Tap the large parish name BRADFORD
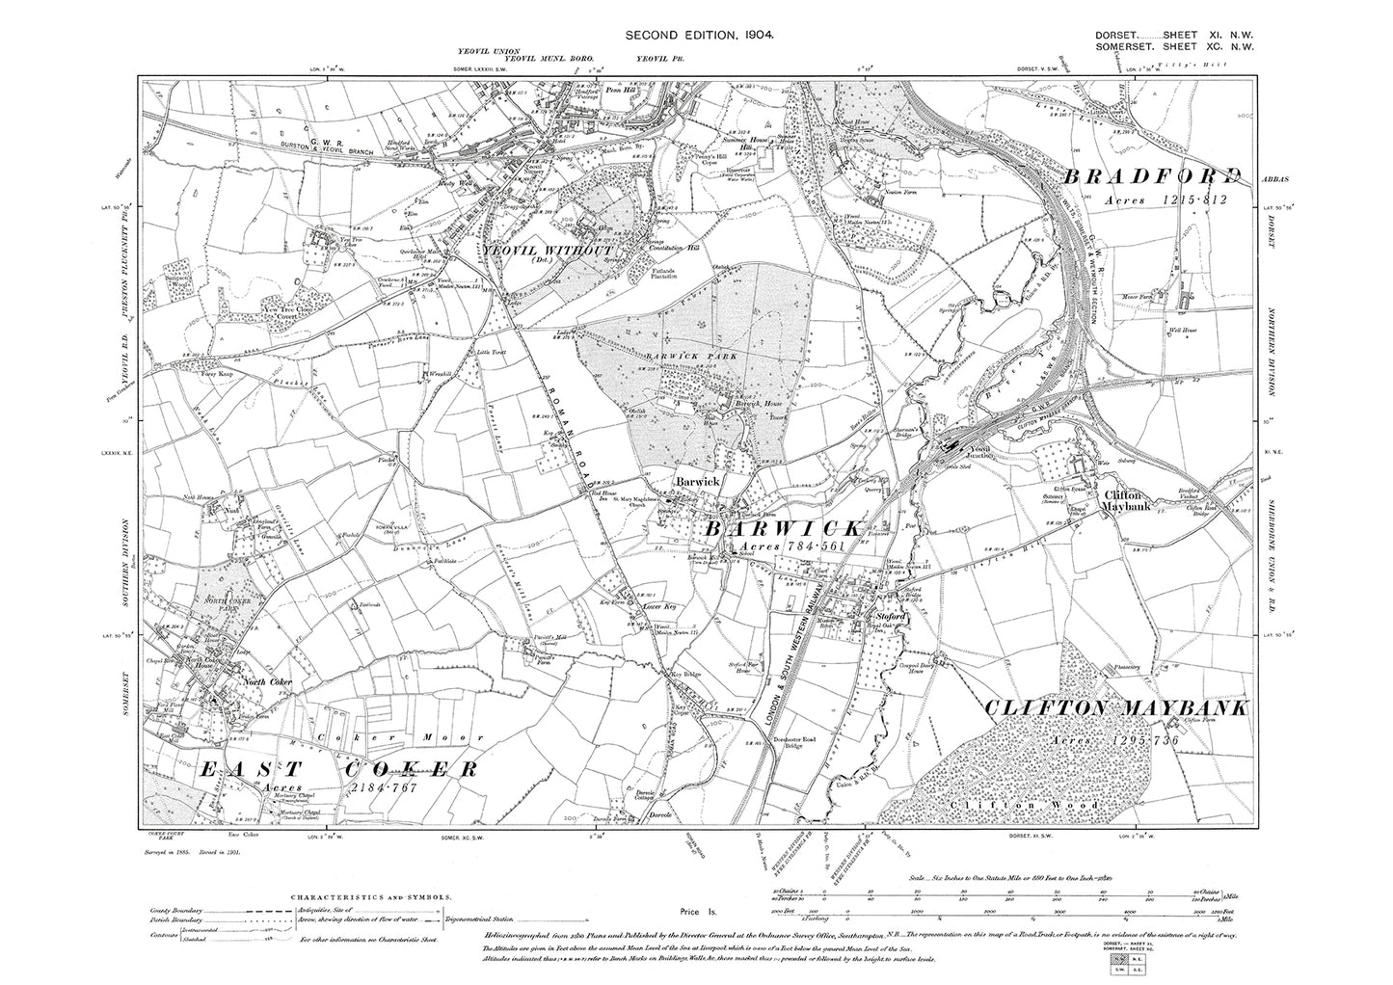[x=1152, y=176]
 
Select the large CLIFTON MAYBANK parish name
[x=1115, y=708]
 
